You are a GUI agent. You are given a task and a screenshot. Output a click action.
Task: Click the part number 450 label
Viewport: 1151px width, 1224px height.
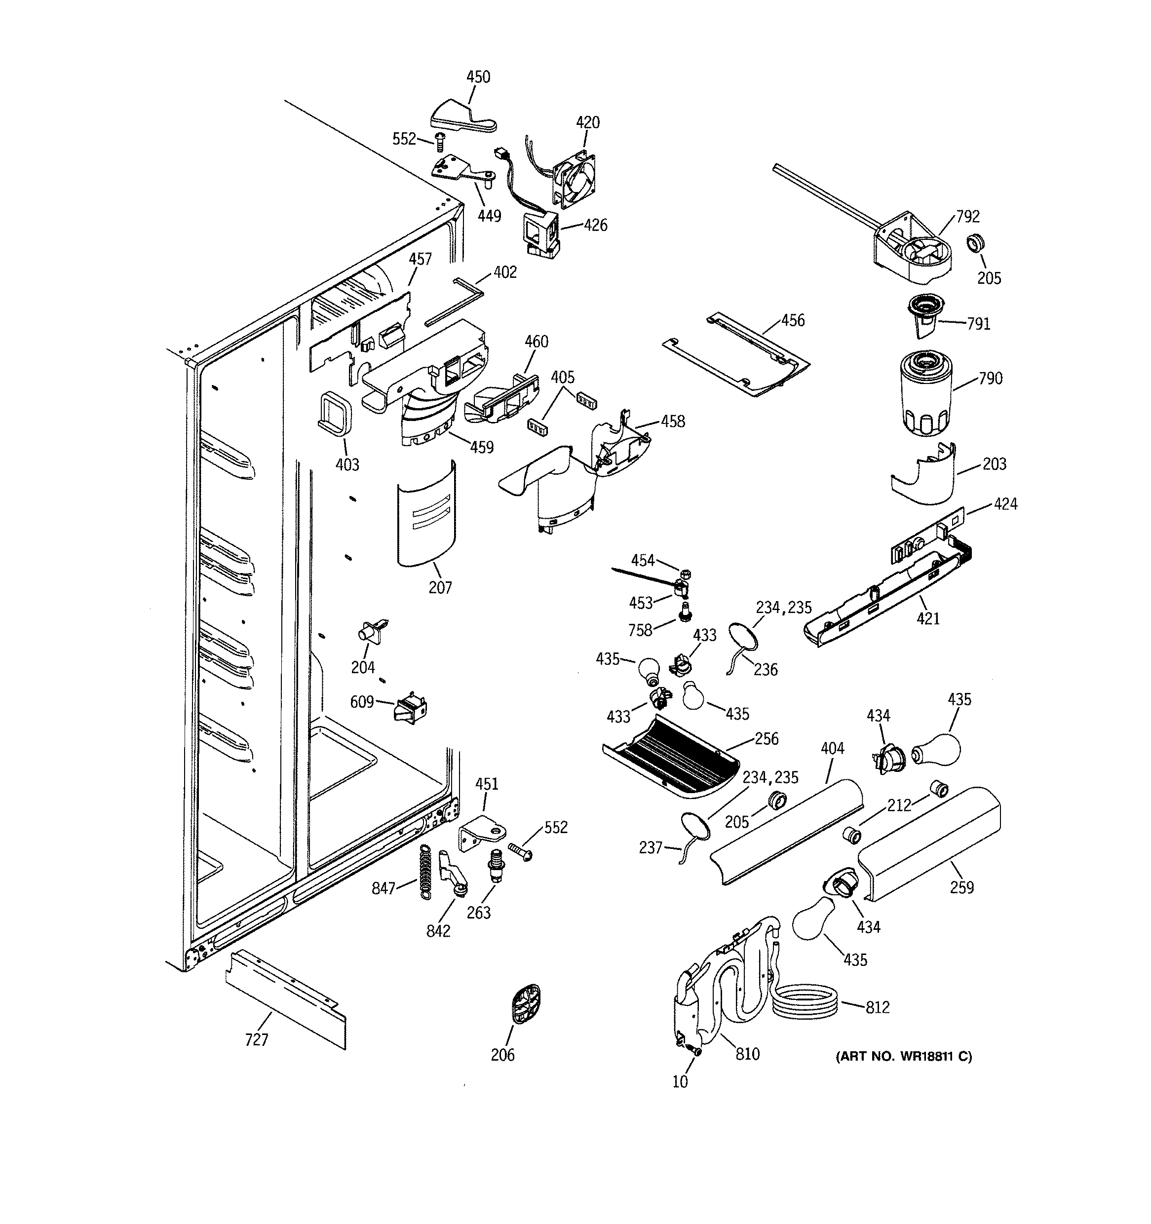[x=478, y=77]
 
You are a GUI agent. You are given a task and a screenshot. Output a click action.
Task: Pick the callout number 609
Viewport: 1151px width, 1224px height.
[x=361, y=702]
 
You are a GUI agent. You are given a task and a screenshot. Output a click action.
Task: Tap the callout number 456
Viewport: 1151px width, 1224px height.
[x=793, y=320]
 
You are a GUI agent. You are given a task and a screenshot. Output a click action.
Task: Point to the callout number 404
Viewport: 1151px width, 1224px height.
[x=832, y=748]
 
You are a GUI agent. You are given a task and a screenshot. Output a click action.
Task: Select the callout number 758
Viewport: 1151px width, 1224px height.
[x=640, y=630]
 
